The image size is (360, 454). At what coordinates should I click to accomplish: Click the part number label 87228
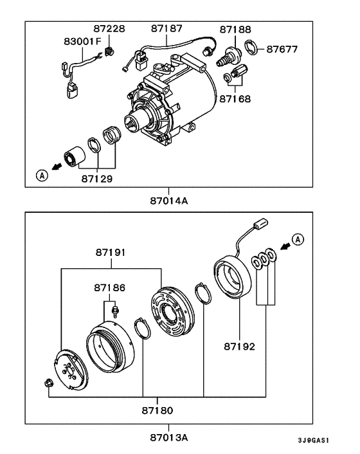(x=109, y=30)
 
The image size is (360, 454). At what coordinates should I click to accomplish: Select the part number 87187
(x=167, y=30)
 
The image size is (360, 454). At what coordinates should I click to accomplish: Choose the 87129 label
(x=96, y=178)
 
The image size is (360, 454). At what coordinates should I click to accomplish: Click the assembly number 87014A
(x=169, y=201)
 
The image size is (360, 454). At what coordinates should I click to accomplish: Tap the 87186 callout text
(x=110, y=289)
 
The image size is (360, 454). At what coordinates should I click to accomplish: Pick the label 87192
(x=240, y=346)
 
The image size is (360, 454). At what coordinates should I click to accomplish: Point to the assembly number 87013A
(x=169, y=437)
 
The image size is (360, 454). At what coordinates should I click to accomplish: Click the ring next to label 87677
(x=253, y=48)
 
